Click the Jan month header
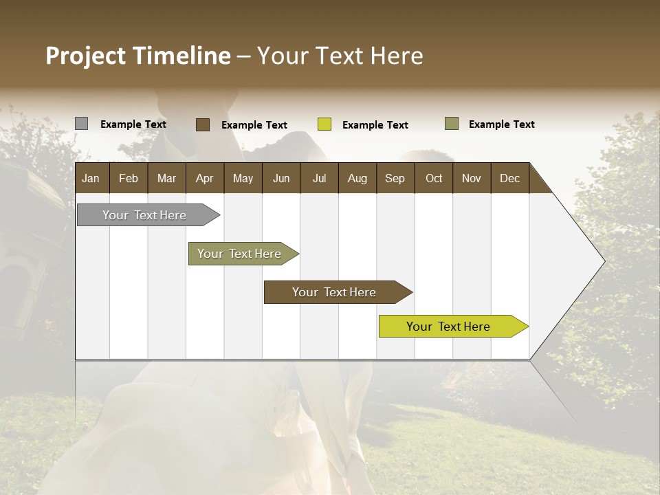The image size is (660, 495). (91, 178)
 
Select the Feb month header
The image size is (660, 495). (129, 178)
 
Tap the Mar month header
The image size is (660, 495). (166, 178)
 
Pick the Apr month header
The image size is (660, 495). (204, 178)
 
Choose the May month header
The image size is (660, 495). (243, 178)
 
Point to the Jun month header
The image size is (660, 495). (281, 178)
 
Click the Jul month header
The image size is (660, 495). (319, 178)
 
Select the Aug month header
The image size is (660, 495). (357, 178)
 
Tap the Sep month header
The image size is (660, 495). (395, 178)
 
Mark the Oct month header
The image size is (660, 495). (434, 178)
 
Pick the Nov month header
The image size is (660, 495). (472, 178)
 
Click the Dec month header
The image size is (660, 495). (509, 178)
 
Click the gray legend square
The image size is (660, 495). (81, 124)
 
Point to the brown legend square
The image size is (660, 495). (203, 124)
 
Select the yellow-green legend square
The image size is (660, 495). (324, 124)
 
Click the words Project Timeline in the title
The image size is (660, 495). (138, 56)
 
